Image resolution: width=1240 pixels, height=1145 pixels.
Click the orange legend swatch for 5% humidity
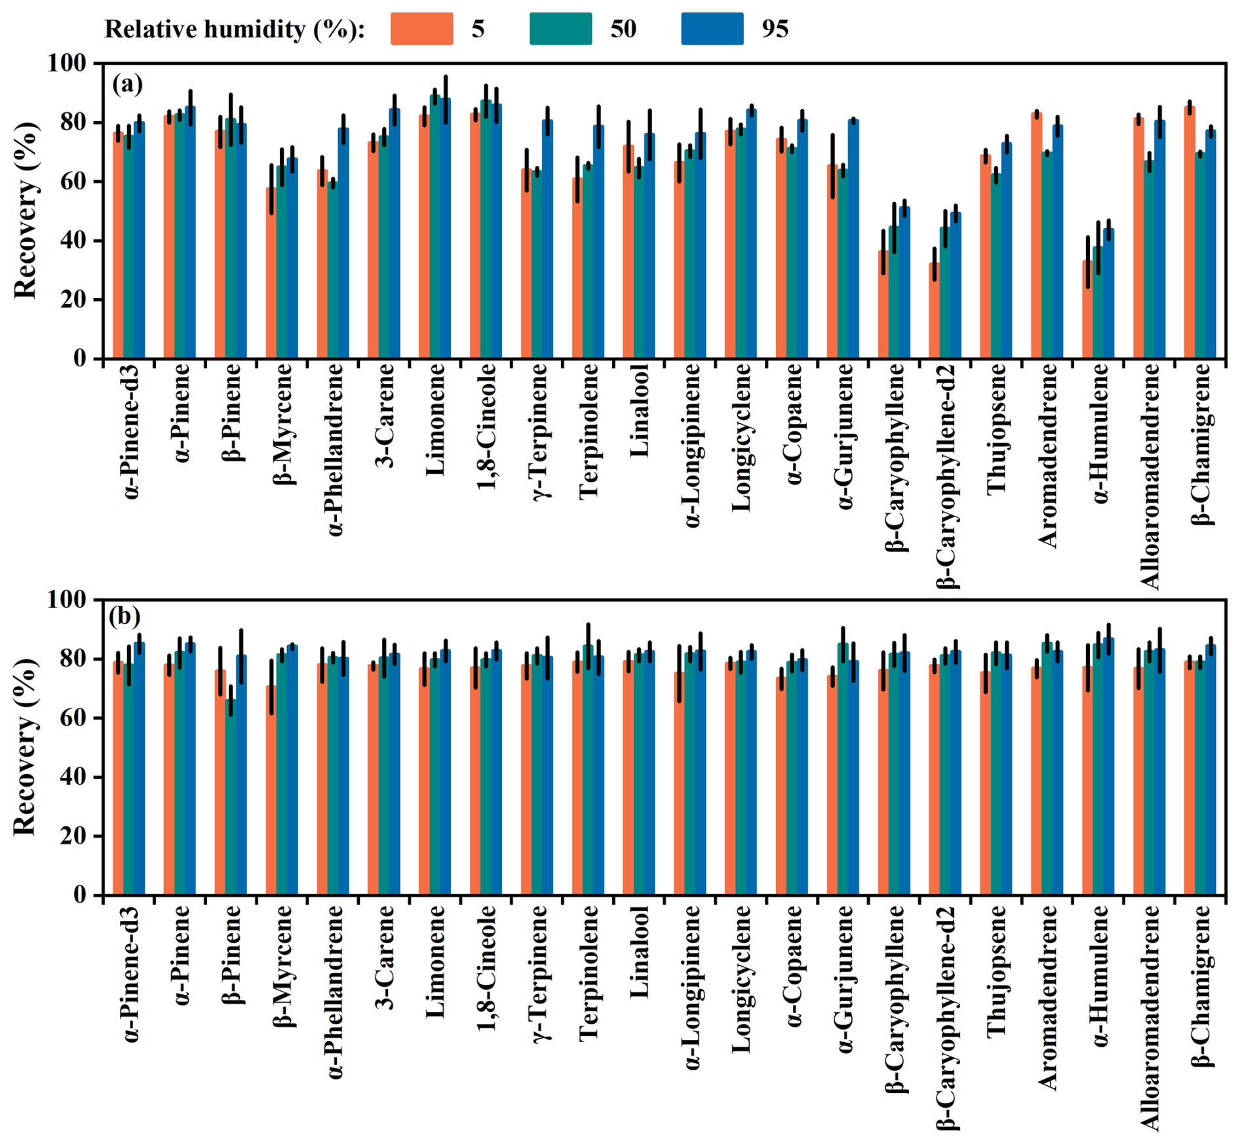[x=421, y=29]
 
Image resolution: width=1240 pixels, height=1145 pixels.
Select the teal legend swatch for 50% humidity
[x=560, y=29]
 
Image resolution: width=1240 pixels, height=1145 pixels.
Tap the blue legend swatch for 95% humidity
[x=712, y=29]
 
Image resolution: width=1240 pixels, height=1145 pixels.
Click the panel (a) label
[x=127, y=84]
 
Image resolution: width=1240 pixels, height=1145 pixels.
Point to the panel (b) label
[x=125, y=617]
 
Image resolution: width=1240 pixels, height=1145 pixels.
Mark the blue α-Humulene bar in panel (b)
[x=1109, y=767]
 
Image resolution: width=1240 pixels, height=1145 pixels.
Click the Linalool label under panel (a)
[x=640, y=411]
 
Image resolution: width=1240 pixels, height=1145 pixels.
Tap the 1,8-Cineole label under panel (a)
[x=487, y=427]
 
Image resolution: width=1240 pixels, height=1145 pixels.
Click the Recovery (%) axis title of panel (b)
[x=25, y=747]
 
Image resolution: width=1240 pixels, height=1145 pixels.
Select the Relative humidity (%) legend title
[x=234, y=29]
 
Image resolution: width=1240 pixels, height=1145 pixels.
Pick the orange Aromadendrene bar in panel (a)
[x=1036, y=236]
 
